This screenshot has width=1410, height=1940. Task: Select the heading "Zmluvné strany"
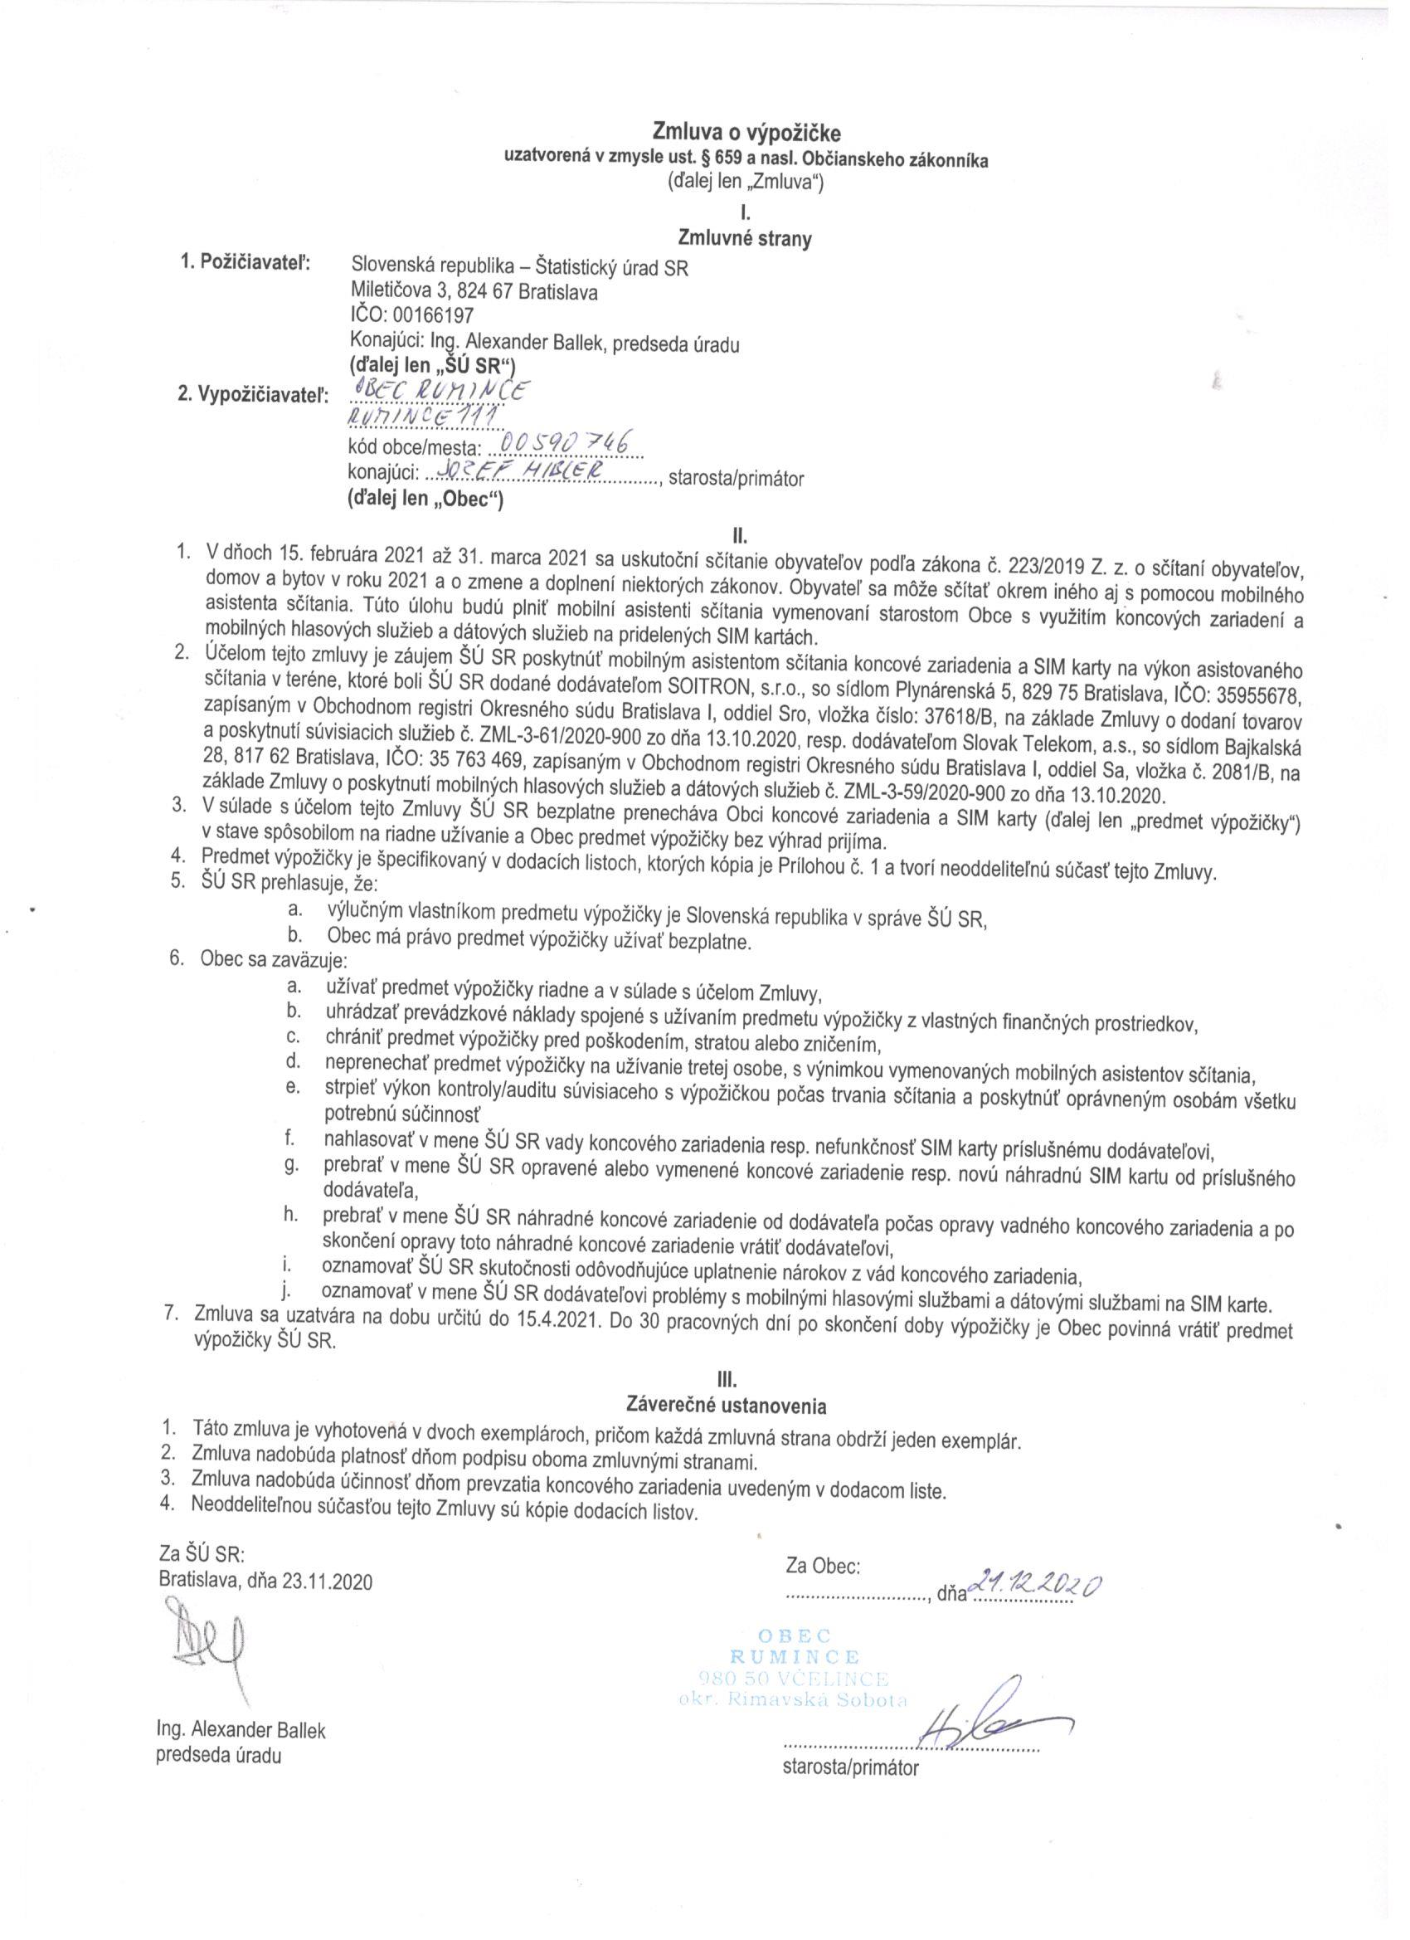coord(744,239)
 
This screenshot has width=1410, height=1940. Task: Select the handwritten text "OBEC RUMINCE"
coord(441,391)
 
